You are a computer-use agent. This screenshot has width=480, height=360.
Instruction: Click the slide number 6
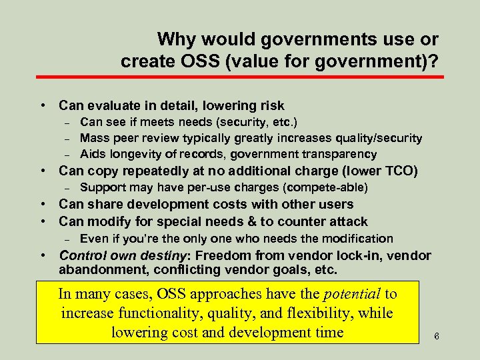pos(437,336)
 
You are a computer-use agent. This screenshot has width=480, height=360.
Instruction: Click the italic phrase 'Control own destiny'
pos(115,255)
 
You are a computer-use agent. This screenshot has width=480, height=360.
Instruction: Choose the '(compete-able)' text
pos(327,187)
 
